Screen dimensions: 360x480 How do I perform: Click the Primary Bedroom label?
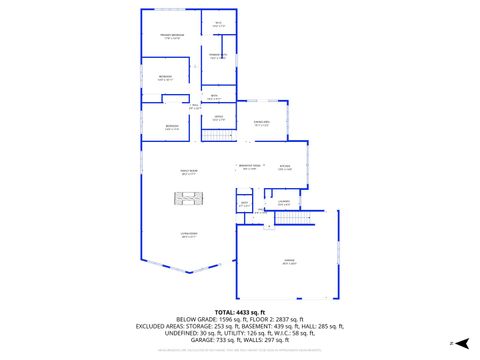tap(171, 37)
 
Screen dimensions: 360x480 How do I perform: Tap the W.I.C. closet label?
tap(219, 24)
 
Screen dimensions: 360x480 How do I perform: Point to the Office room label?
tap(218, 119)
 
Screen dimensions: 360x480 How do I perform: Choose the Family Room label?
tap(187, 172)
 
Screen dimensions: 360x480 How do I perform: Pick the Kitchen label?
tap(285, 167)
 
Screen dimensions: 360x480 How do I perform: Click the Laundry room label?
tap(284, 204)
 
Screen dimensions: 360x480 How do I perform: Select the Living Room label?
tap(187, 236)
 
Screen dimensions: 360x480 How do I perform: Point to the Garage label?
tap(288, 263)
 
